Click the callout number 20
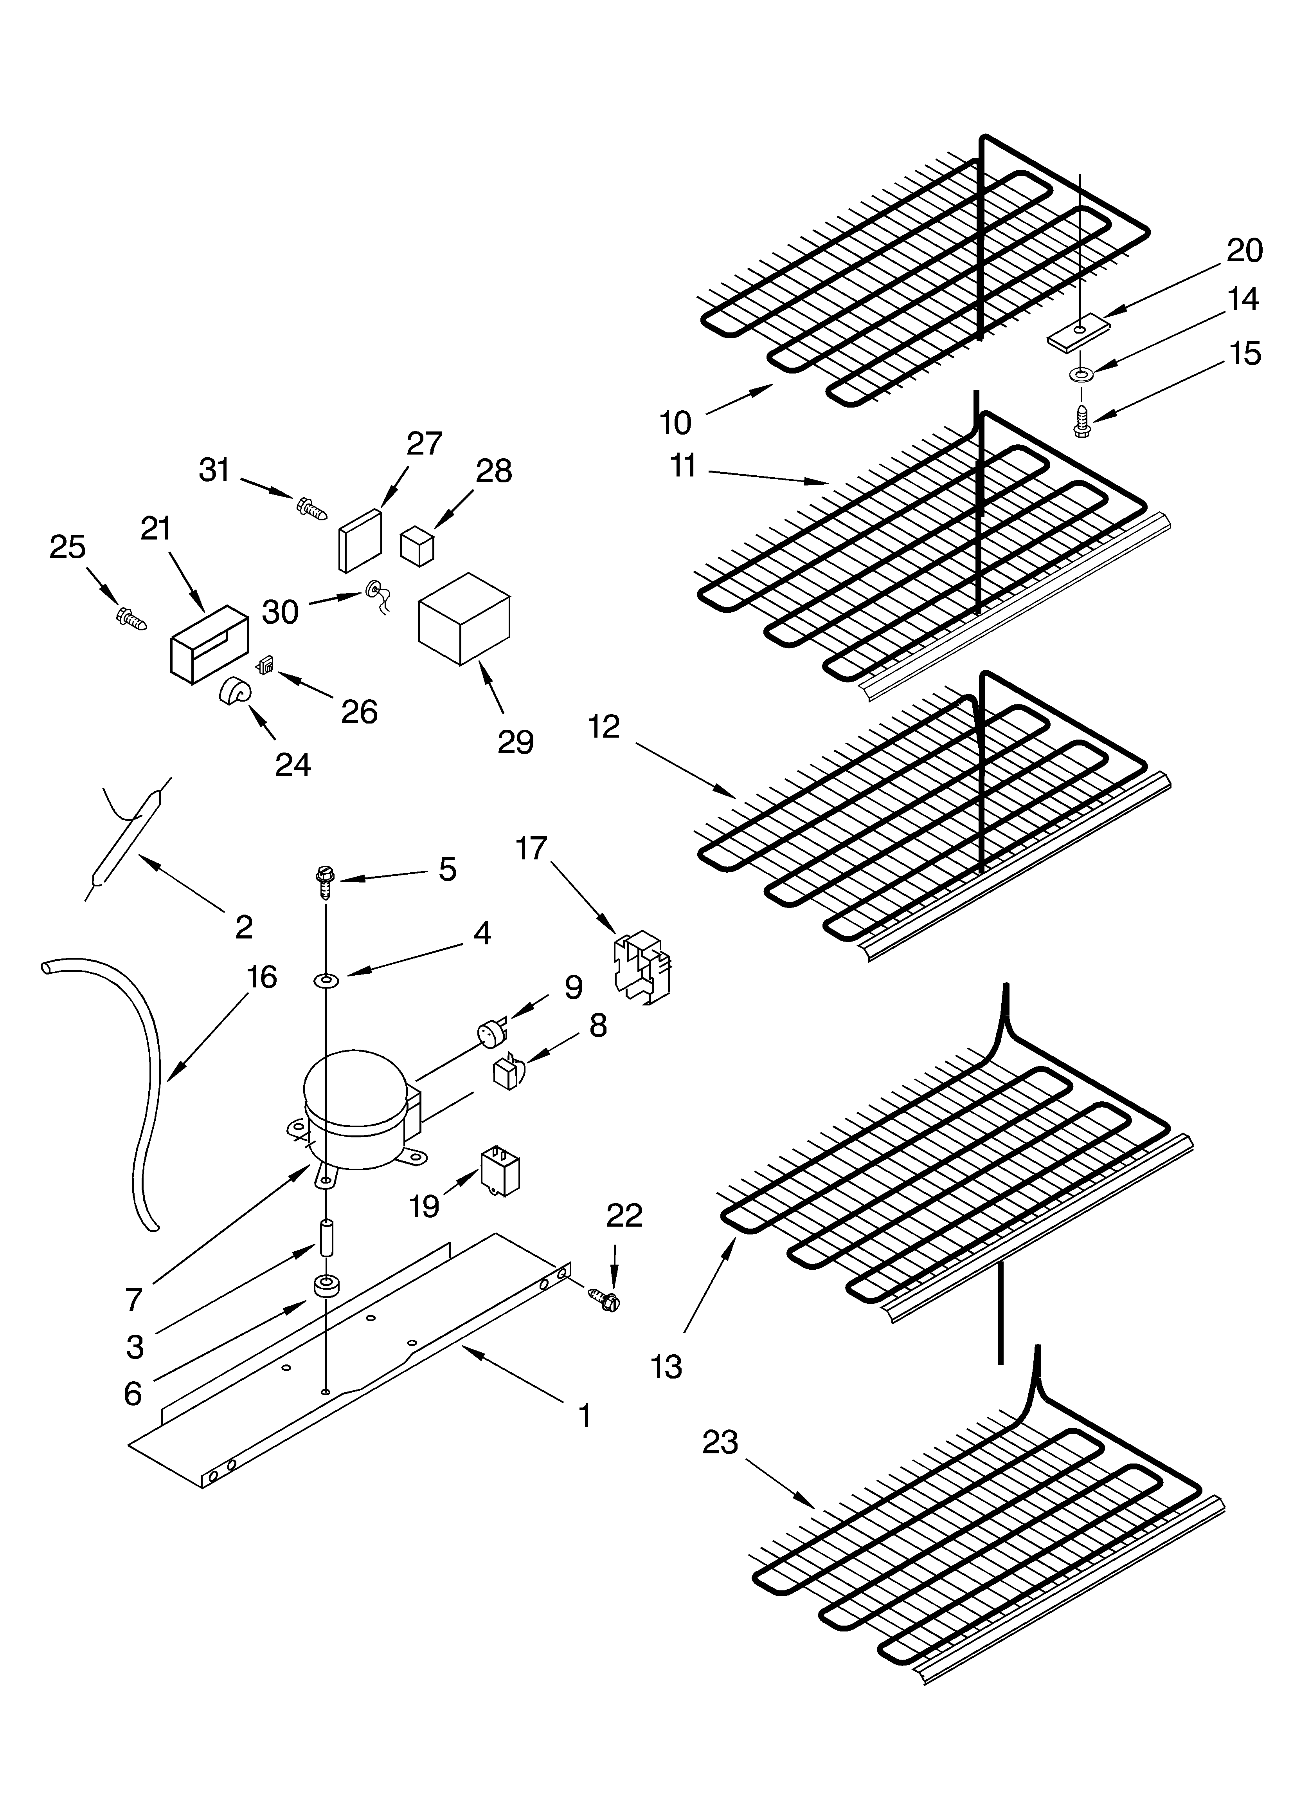[1245, 251]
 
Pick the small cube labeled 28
[416, 545]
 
